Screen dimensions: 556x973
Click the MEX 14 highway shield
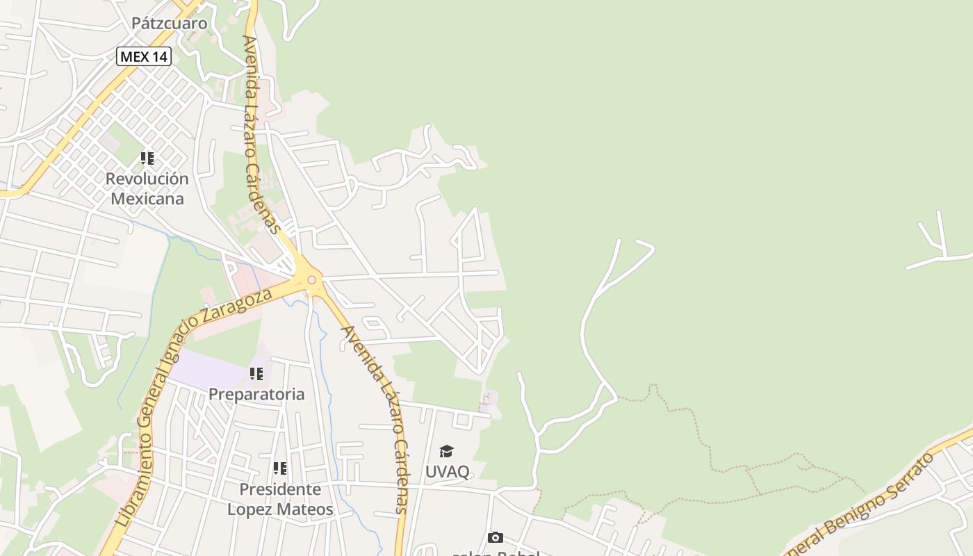coord(144,56)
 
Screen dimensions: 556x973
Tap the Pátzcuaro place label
coord(170,23)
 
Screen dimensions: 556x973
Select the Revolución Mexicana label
coord(147,188)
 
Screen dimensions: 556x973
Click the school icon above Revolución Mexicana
coord(147,158)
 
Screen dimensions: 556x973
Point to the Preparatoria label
coord(256,394)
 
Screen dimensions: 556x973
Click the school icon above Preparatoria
coord(256,374)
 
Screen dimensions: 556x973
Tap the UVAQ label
coord(447,471)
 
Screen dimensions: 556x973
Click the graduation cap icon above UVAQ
coord(446,452)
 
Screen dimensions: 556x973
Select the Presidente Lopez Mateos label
coord(280,499)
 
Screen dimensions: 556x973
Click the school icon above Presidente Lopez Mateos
coord(279,468)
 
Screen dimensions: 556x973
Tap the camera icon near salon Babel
coord(495,537)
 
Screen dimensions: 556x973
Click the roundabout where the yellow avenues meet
coord(311,280)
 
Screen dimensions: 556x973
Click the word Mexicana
coord(147,199)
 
